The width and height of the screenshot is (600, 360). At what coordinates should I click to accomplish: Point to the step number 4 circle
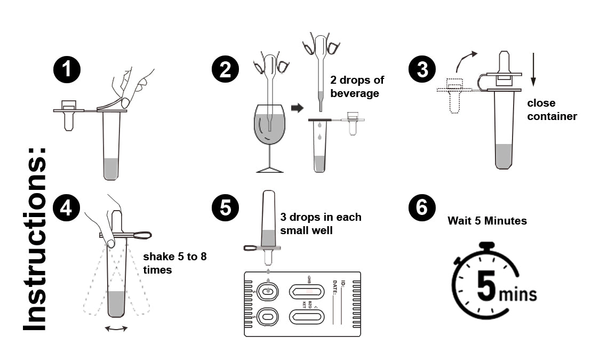pos(67,207)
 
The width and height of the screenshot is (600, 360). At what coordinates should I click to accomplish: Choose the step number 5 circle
pos(225,207)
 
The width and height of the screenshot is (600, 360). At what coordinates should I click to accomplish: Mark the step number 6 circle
pos(422,207)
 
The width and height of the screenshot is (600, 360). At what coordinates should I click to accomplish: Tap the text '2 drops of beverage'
pos(357,87)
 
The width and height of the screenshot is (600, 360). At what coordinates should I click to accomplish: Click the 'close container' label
pos(551,109)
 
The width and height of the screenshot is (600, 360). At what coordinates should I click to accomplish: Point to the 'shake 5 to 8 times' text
pos(174,263)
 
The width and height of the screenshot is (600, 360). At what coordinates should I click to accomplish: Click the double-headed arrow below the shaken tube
pos(116,329)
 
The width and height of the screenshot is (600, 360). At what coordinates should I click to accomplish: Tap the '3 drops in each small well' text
pos(321,223)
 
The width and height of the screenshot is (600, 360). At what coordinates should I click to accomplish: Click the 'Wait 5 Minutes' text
pos(487,220)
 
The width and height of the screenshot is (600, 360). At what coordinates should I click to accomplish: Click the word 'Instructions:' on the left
pos(35,238)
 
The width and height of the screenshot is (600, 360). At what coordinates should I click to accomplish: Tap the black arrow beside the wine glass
pos(297,108)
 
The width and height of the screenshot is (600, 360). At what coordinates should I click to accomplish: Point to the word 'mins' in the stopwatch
pos(517,294)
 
